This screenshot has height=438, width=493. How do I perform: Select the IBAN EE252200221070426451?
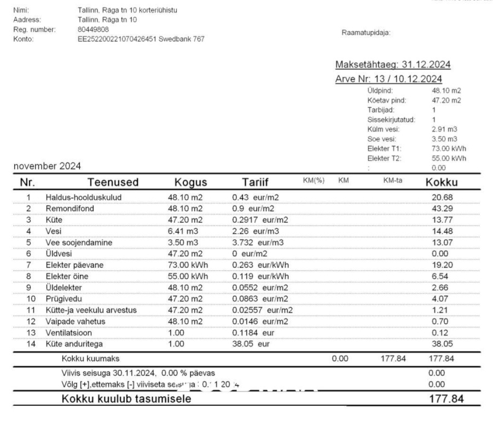(117, 38)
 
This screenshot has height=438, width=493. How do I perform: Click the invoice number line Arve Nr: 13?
(388, 79)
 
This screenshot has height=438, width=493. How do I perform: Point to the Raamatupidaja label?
(366, 33)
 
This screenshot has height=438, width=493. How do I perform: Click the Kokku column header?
(441, 183)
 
